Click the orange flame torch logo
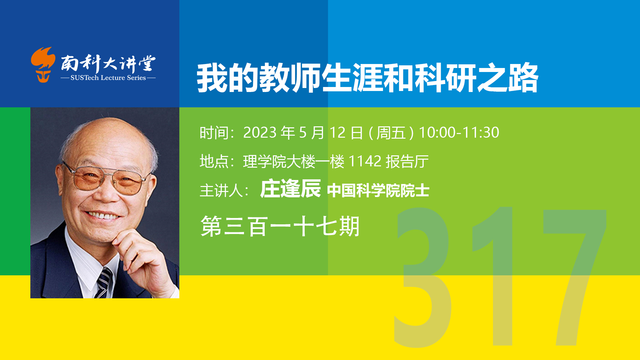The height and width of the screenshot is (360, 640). (43, 65)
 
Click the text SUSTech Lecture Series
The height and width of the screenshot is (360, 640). (108, 78)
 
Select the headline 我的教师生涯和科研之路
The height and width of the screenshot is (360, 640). (367, 78)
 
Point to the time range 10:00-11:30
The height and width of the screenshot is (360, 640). (459, 133)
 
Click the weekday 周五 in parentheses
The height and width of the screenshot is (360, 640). (391, 133)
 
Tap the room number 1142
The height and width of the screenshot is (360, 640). (365, 162)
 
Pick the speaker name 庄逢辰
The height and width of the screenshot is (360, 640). (290, 189)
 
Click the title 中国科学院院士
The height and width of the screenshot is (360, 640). (378, 191)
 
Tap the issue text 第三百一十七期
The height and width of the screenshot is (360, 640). (280, 226)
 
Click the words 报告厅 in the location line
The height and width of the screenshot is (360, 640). (407, 162)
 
